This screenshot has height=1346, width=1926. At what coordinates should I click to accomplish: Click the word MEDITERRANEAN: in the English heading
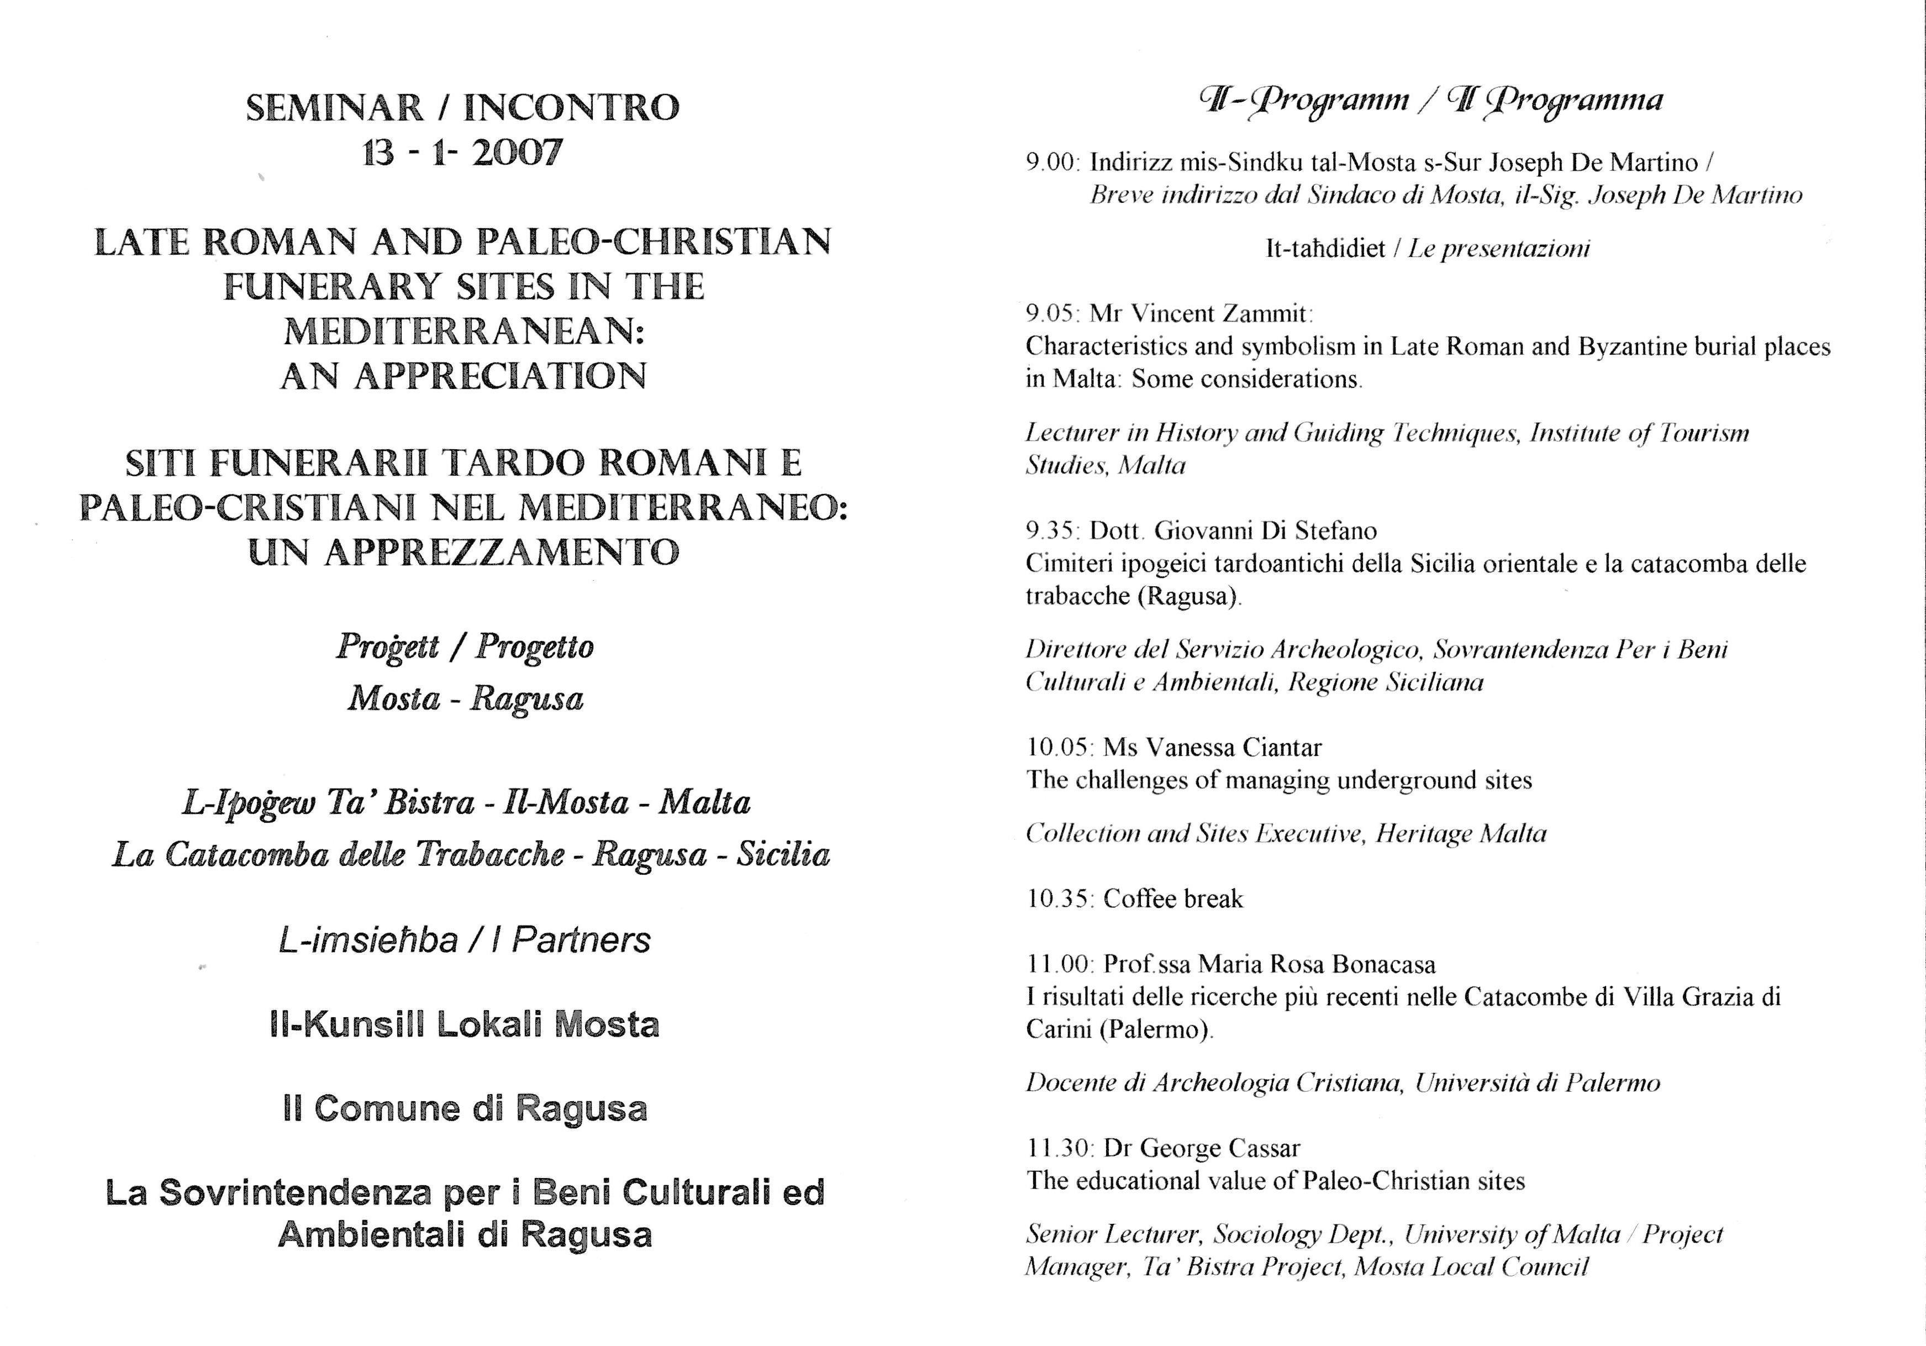[x=464, y=332]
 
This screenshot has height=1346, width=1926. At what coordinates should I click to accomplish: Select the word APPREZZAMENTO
[x=501, y=552]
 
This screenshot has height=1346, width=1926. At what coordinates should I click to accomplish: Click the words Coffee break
[x=1173, y=900]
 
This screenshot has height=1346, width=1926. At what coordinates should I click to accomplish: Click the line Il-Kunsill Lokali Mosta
[x=465, y=1024]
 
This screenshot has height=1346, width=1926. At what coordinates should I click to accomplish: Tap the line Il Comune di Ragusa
[x=465, y=1110]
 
